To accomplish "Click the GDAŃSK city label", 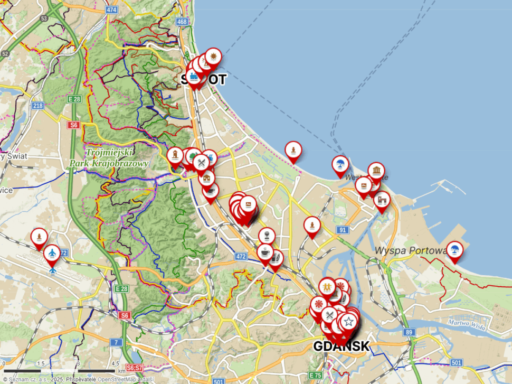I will [340, 346].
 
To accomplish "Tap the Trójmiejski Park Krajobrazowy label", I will [109, 158].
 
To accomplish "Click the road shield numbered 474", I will [111, 10].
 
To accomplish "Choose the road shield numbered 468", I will [182, 22].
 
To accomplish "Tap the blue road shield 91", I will [343, 230].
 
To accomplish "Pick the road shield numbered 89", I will [409, 332].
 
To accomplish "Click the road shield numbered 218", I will [37, 106].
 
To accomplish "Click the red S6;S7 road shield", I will [135, 368].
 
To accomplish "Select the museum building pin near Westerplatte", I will [376, 170].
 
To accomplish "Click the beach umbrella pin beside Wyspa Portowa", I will [454, 249].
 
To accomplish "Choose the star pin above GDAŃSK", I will [348, 320].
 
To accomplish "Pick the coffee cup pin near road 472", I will [266, 251].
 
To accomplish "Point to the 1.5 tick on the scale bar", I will [41, 363].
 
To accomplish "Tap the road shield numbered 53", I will [44, 18].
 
